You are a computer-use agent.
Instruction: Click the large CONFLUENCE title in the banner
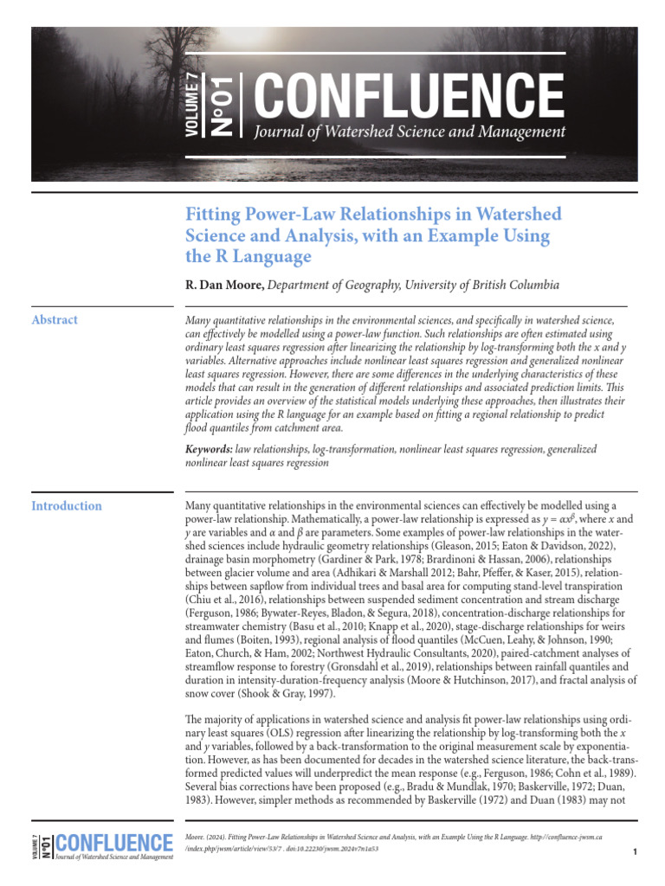(x=408, y=94)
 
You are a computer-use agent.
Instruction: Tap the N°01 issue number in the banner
(x=222, y=105)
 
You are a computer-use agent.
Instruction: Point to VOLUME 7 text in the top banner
(x=191, y=105)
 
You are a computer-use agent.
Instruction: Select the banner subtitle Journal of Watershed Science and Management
(x=410, y=132)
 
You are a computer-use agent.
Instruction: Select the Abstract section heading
(x=55, y=320)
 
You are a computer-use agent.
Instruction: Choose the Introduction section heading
(x=67, y=506)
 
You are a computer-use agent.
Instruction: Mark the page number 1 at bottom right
(x=635, y=853)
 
